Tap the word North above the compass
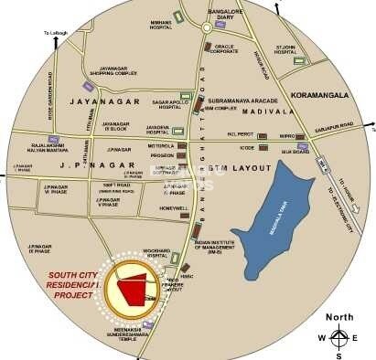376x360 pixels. click(x=339, y=317)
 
